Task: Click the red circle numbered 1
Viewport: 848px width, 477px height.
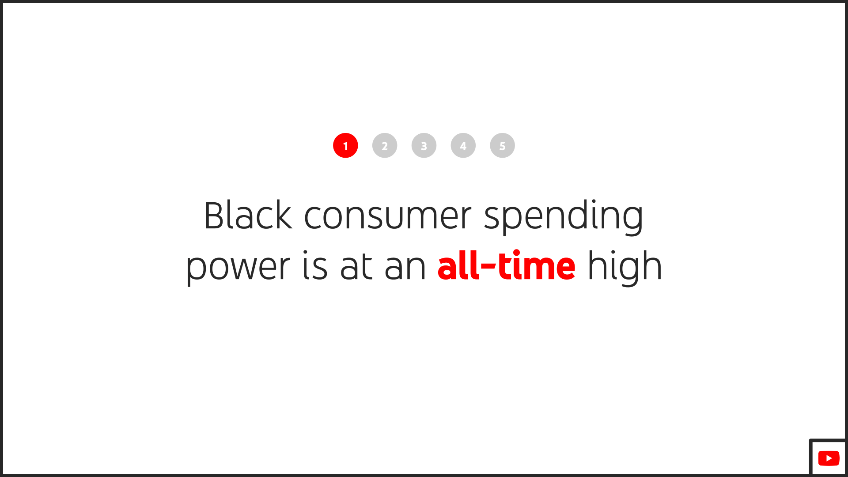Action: tap(345, 145)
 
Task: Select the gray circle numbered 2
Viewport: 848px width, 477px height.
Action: tap(385, 145)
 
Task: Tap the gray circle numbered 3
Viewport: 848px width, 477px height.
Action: tap(424, 145)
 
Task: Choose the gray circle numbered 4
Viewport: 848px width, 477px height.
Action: tap(463, 145)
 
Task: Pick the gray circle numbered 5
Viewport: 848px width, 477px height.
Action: tap(502, 145)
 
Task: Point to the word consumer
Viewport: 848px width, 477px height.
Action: tap(388, 216)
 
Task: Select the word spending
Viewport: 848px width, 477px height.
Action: tap(564, 216)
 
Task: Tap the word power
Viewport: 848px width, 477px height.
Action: tap(238, 267)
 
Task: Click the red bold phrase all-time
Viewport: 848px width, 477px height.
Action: tap(506, 266)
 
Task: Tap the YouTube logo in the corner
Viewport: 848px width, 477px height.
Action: tap(829, 458)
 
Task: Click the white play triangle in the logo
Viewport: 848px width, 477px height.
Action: tap(829, 458)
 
